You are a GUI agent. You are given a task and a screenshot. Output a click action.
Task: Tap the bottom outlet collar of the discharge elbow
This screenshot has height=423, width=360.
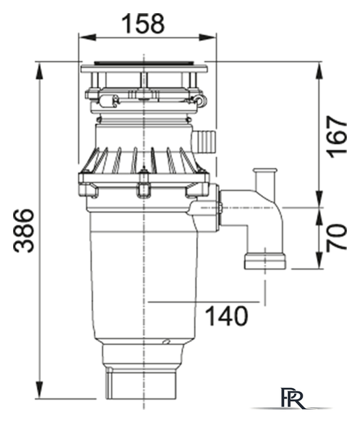(x=265, y=260)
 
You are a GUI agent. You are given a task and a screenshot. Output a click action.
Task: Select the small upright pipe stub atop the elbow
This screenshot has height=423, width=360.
(x=266, y=179)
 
